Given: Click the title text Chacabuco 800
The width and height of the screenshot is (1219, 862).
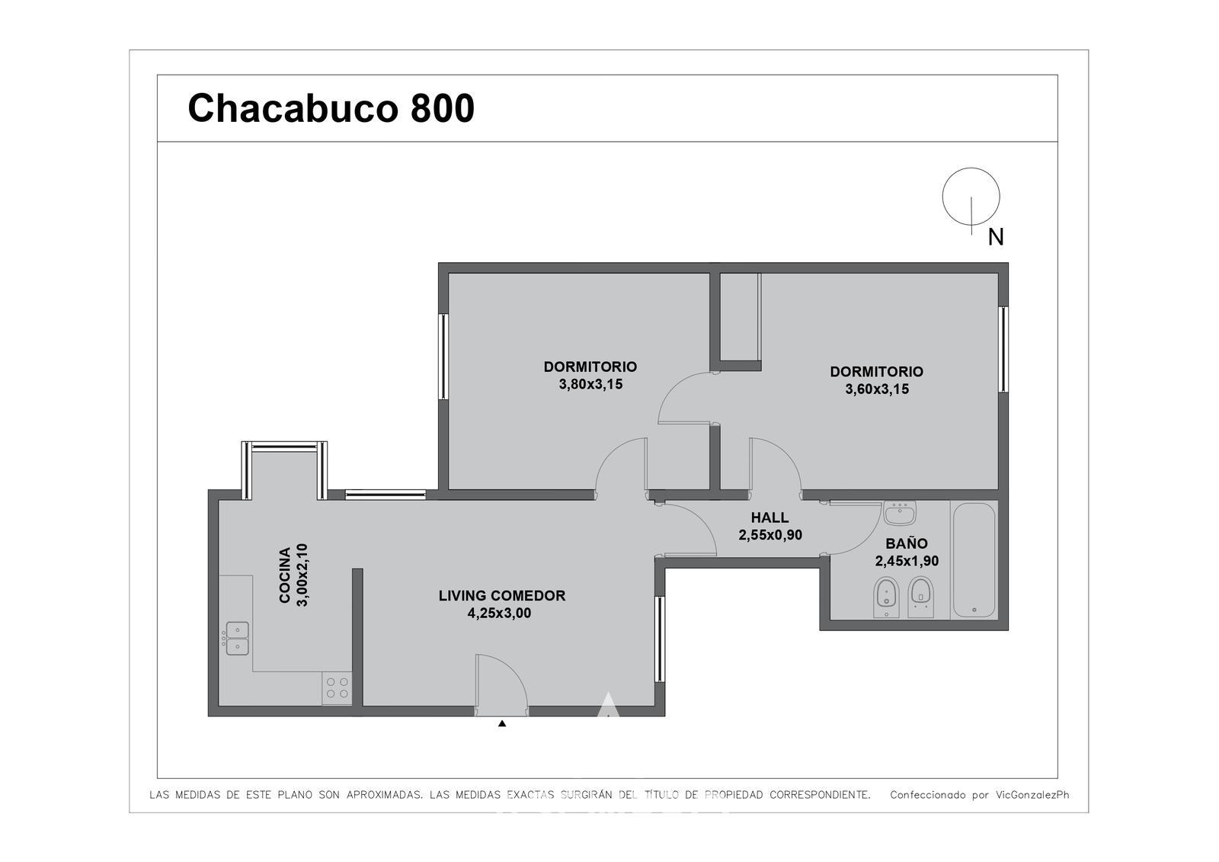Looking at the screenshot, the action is [x=331, y=107].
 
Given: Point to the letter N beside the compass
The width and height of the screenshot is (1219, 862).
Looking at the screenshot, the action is [x=996, y=237].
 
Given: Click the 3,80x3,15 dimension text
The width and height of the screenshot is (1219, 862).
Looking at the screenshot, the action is [x=590, y=384].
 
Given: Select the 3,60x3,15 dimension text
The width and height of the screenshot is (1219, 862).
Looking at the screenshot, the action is [x=877, y=389].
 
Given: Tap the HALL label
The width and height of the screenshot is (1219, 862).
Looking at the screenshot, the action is [x=769, y=518].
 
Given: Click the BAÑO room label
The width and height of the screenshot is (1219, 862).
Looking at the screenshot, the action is [x=907, y=543].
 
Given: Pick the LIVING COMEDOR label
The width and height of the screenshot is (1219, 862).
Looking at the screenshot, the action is [x=502, y=596].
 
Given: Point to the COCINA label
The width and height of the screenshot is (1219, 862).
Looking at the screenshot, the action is [x=285, y=575].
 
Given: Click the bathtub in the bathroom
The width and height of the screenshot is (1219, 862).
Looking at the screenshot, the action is [x=974, y=560].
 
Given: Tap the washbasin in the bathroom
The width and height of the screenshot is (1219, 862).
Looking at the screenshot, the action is [x=900, y=512].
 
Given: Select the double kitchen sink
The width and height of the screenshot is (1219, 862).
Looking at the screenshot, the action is [x=236, y=638].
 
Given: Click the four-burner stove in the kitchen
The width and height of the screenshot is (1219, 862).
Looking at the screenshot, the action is [x=337, y=687].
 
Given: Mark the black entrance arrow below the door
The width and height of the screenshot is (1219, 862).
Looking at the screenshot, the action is [x=502, y=724].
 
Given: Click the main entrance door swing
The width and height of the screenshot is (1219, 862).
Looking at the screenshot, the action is [x=501, y=684].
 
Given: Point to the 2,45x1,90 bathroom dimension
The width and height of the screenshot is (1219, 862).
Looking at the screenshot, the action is [x=907, y=561].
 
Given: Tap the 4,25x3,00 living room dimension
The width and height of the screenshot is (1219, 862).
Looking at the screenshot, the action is [x=499, y=613].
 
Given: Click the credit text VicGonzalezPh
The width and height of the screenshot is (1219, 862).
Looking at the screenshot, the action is [x=1032, y=795].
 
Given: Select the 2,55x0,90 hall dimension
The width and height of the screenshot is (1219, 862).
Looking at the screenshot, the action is [x=770, y=535].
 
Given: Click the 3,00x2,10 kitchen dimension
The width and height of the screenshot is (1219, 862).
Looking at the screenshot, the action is [x=302, y=575].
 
